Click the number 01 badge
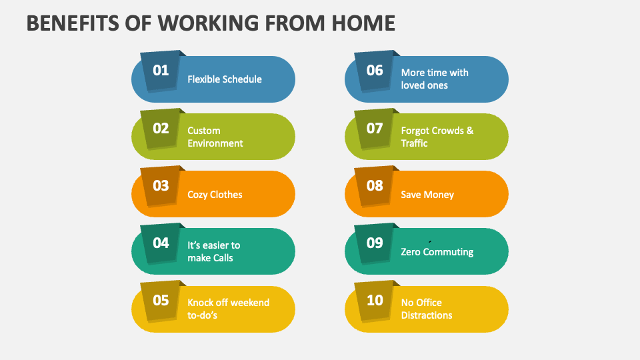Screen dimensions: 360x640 click(x=161, y=70)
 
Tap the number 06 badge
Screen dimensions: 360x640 click(x=375, y=70)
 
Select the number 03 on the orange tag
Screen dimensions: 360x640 click(x=161, y=185)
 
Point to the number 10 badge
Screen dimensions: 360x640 click(x=375, y=300)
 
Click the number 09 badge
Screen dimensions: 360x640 click(x=375, y=243)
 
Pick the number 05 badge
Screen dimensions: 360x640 click(x=161, y=300)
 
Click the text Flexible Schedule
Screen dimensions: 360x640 click(x=224, y=79)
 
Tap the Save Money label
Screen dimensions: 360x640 click(x=427, y=195)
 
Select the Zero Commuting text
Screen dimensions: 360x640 click(x=437, y=252)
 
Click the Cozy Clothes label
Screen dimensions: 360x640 click(x=215, y=195)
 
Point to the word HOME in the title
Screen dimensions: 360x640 click(x=363, y=23)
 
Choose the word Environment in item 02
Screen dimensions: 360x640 click(x=215, y=143)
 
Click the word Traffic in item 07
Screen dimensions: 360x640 click(x=414, y=143)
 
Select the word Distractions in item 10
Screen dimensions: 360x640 click(x=427, y=315)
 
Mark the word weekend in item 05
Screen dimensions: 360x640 click(x=247, y=303)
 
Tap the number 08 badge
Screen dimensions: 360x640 click(x=375, y=185)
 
